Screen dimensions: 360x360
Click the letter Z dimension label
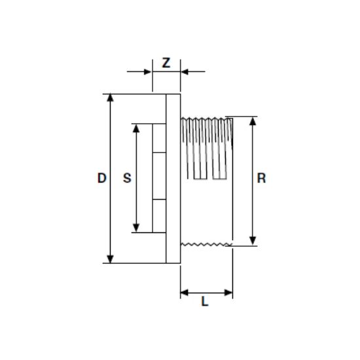coord(166,63)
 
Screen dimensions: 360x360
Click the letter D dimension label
coord(102,178)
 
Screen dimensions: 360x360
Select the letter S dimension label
coord(127,178)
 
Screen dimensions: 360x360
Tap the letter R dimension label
coord(262,178)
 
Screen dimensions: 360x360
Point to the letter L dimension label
coord(205,301)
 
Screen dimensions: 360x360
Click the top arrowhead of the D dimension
coord(111,98)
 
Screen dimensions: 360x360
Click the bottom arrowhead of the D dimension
coord(111,259)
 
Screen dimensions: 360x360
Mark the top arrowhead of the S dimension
coord(136,128)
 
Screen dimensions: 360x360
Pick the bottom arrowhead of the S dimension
coord(136,228)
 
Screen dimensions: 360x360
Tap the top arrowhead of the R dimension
coord(253,121)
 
